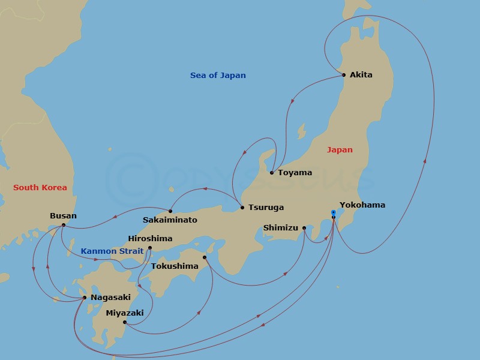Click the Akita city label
pos(361,75)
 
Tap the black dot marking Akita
pos(344,75)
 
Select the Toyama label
pos(295,173)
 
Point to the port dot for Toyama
pos(272,173)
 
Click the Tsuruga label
pos(266,208)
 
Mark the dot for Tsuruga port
pos(242,208)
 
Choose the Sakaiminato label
pos(170,220)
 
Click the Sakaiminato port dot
pos(170,211)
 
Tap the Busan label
pos(63,216)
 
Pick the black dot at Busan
pos(64,225)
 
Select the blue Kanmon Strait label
pos(112,251)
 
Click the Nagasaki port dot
pos(85,298)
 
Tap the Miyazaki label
pos(124,313)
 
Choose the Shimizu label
pos(280,228)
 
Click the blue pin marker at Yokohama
pos(334,213)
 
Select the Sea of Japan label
pos(218,76)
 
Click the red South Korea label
pos(40,188)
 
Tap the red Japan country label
pos(340,150)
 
